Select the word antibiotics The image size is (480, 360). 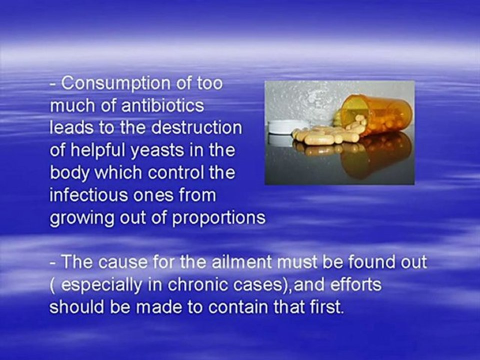coord(163,105)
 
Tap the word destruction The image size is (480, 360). coord(196,127)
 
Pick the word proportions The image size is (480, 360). coord(218,218)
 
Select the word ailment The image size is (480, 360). coord(241,262)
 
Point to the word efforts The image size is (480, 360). coord(356,284)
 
